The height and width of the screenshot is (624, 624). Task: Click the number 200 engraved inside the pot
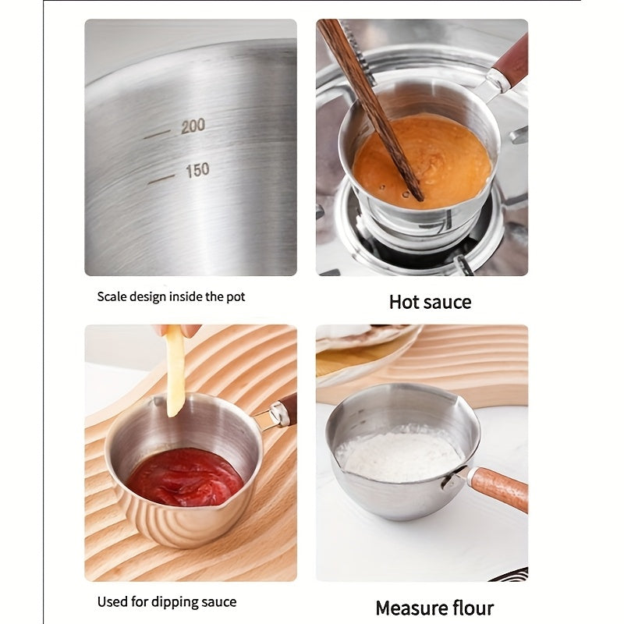(193, 126)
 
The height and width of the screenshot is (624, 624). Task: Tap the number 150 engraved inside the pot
(197, 170)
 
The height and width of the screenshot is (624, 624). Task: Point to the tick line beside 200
(157, 134)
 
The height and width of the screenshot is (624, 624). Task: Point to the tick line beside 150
(161, 179)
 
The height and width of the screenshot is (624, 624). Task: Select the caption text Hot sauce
(430, 302)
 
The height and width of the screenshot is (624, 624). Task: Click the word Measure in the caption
(411, 608)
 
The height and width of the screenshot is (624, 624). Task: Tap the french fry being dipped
(176, 370)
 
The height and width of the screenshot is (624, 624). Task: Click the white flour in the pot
(398, 455)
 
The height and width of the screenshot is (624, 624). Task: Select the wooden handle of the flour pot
(499, 488)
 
